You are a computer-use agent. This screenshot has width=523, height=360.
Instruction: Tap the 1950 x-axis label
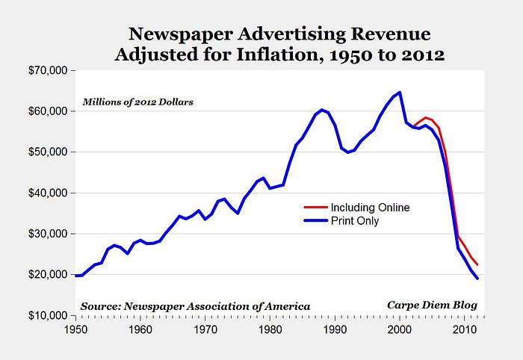75,329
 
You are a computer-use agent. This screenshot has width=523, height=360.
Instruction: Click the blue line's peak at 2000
400,93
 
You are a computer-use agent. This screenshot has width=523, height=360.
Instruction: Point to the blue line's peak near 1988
322,110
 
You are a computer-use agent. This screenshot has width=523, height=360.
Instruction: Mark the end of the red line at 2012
477,265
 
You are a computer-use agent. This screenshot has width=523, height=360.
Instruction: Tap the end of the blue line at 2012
477,279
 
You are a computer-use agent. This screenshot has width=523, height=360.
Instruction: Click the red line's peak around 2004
426,118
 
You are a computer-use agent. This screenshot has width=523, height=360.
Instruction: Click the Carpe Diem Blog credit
432,305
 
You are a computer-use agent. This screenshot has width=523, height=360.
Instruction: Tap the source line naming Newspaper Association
194,306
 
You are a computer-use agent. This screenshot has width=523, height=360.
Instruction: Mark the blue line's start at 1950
75,276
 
